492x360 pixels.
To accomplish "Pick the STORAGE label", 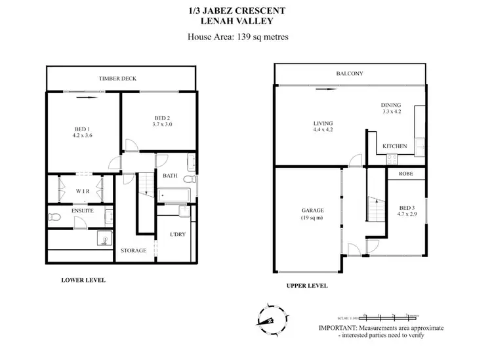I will click(x=133, y=250).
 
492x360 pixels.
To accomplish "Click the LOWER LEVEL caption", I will click(x=83, y=280).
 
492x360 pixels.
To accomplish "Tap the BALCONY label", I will click(x=349, y=73).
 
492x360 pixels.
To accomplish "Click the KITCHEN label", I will click(x=395, y=146).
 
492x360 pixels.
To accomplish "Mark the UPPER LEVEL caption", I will click(x=307, y=286).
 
